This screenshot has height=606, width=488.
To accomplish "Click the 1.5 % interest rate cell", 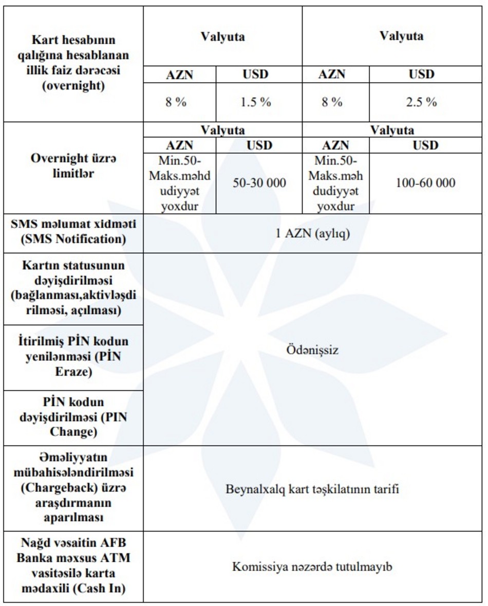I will click(x=255, y=102).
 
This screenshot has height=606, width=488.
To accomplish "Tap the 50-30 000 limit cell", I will click(x=259, y=182).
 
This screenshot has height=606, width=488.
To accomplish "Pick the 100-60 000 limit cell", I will click(x=425, y=182).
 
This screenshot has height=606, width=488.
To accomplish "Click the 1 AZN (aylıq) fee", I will click(x=312, y=233).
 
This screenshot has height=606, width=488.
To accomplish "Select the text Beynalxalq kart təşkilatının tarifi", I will click(x=312, y=489).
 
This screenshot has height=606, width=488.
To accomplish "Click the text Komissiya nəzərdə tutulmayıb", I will click(x=312, y=567).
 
